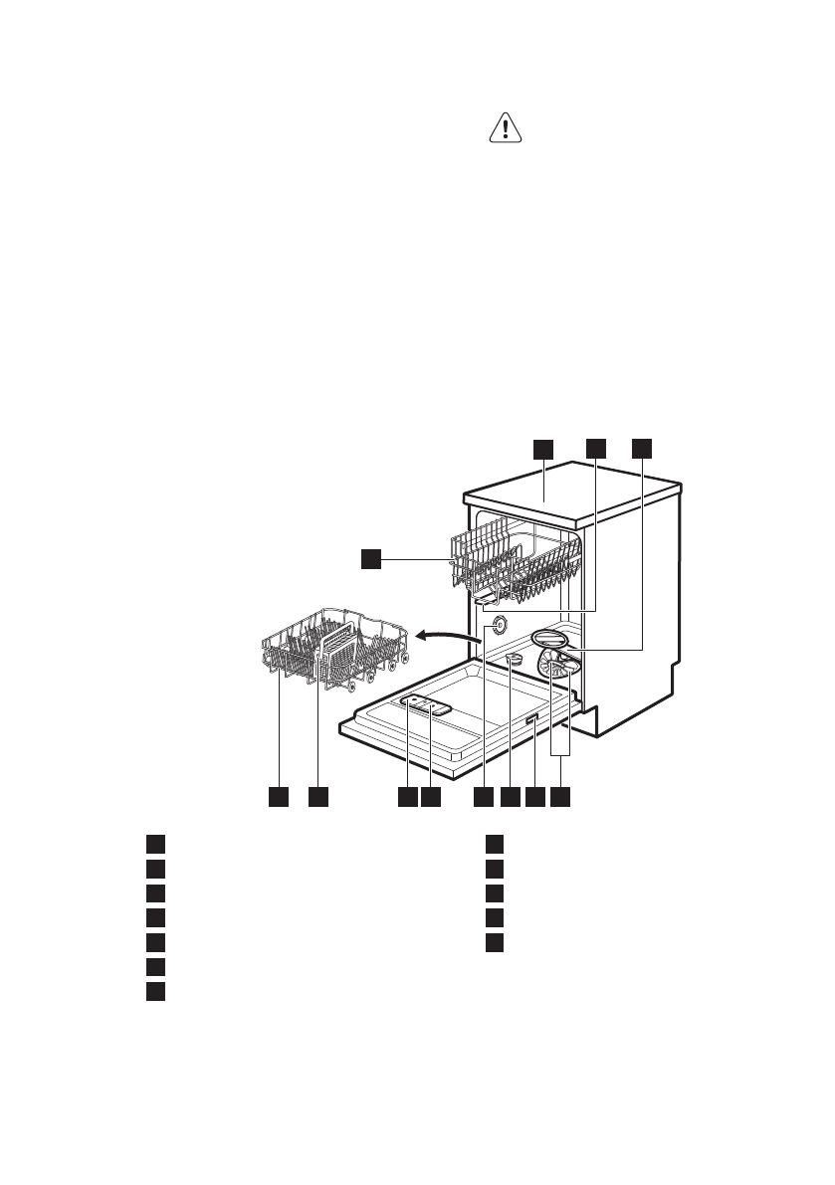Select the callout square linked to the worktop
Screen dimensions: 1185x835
point(542,449)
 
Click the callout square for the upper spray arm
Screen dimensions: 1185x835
point(595,449)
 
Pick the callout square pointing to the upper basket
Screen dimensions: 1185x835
point(370,561)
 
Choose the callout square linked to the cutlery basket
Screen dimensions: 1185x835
point(317,797)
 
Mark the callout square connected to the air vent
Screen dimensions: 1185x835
point(483,797)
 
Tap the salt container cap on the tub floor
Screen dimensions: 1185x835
point(515,661)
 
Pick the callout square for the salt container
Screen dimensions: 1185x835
point(511,797)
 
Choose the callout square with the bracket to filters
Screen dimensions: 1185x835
point(562,797)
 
